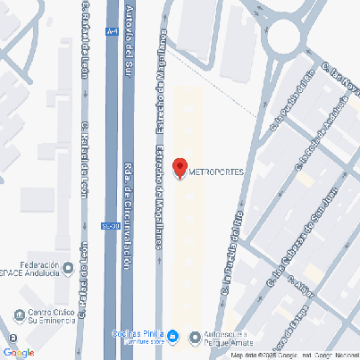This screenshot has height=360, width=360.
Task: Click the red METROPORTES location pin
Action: (x=179, y=168)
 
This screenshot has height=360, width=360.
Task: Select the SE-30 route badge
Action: (x=107, y=225)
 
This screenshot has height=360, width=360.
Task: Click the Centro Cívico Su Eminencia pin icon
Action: (x=20, y=314)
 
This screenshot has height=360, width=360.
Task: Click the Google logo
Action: (x=18, y=351)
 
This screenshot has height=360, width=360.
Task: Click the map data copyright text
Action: (x=295, y=356)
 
